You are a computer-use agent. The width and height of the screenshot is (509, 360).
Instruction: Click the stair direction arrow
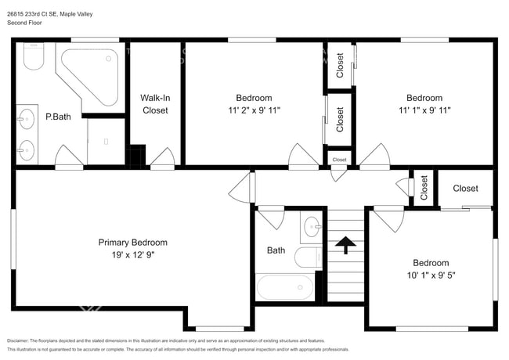pyautogui.click(x=345, y=246)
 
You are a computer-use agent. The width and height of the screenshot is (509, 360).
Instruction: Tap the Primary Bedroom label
pyautogui.click(x=132, y=243)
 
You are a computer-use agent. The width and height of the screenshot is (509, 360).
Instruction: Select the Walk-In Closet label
pyautogui.click(x=154, y=104)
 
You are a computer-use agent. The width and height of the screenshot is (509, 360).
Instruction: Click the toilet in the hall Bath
pyautogui.click(x=306, y=257)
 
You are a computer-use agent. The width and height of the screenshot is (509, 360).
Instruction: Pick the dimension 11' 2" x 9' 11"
pyautogui.click(x=254, y=110)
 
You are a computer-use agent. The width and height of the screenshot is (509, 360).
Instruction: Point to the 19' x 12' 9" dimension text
pyautogui.click(x=132, y=255)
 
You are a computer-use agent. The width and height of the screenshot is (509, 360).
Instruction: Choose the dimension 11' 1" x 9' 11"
pyautogui.click(x=424, y=110)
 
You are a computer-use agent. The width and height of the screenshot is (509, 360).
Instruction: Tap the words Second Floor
pyautogui.click(x=25, y=23)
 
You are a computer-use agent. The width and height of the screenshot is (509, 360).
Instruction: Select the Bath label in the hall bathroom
pyautogui.click(x=276, y=250)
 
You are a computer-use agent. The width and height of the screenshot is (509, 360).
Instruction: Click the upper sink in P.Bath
pyautogui.click(x=27, y=120)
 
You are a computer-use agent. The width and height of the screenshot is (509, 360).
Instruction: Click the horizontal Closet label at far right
pyautogui.click(x=465, y=189)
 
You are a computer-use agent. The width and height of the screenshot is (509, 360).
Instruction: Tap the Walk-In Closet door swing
pyautogui.click(x=162, y=158)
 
